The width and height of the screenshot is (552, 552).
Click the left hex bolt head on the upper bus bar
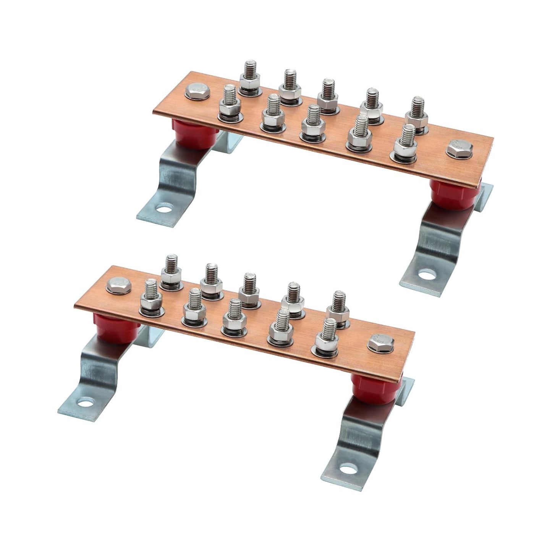[196, 92]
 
